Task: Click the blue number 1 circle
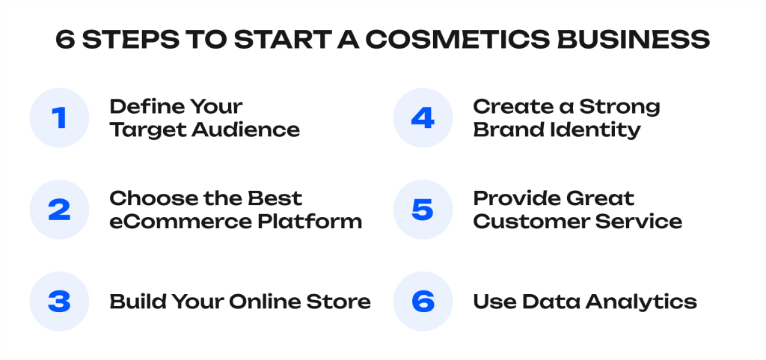click(x=58, y=118)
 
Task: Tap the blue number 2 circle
click(x=58, y=210)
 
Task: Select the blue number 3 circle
click(x=58, y=302)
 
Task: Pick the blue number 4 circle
click(x=423, y=118)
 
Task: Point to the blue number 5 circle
click(x=423, y=210)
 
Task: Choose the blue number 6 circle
click(x=423, y=302)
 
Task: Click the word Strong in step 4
click(x=620, y=107)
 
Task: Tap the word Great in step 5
click(x=597, y=199)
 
